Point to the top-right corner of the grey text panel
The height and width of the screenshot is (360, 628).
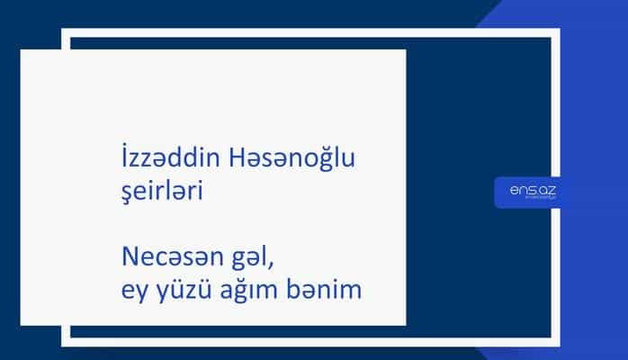405,50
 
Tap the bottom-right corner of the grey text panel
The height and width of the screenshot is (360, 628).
405,325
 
